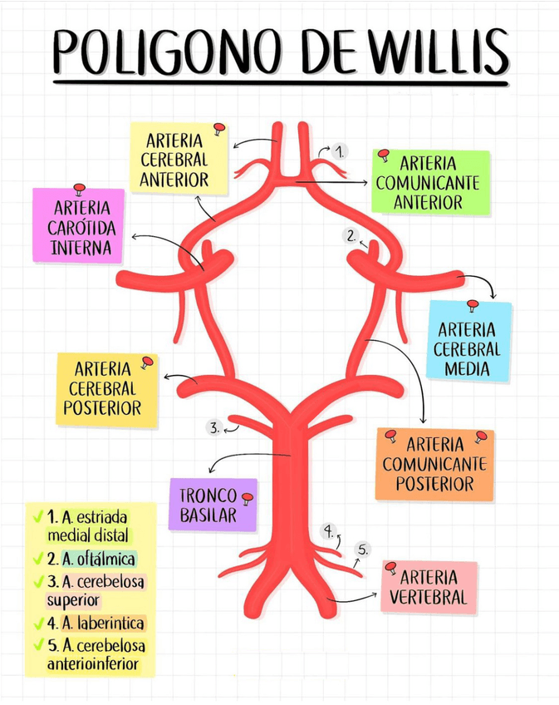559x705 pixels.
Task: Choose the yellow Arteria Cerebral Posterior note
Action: click(106, 388)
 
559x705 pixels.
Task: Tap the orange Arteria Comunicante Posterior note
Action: click(434, 464)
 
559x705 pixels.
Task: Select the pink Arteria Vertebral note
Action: click(429, 587)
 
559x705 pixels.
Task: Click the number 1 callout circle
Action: click(341, 151)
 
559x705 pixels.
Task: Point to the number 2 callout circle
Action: click(352, 235)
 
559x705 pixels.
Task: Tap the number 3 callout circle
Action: click(214, 428)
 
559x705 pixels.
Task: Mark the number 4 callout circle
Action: click(329, 530)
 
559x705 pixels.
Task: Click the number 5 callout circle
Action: click(363, 549)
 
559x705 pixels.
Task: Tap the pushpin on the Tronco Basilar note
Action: click(247, 497)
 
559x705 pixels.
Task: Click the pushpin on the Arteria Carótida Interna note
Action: click(79, 189)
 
